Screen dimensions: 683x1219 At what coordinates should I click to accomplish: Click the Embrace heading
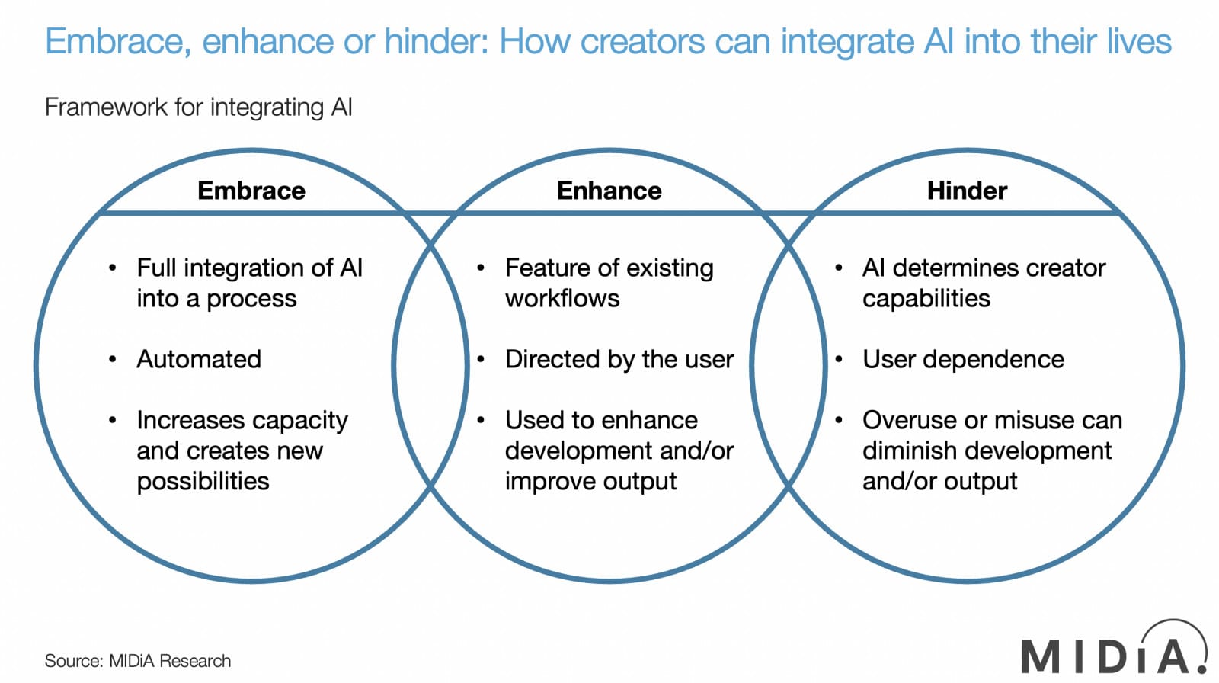[251, 191]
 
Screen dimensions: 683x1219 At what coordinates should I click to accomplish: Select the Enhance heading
[609, 191]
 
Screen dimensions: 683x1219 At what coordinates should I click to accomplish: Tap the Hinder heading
[967, 191]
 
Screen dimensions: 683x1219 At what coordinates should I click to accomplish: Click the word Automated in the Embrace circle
[199, 359]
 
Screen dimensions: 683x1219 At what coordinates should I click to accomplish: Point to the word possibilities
[203, 482]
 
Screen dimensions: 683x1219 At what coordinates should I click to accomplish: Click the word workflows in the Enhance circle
[562, 299]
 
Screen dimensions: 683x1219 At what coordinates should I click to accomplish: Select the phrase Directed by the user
[619, 359]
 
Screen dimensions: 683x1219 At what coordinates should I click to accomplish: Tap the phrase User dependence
[963, 359]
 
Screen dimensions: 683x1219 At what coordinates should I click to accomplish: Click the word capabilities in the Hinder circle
[926, 299]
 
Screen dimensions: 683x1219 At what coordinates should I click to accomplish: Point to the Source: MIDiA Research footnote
[138, 661]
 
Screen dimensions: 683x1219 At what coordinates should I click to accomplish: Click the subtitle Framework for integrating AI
[199, 107]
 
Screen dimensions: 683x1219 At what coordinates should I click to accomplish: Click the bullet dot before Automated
[113, 359]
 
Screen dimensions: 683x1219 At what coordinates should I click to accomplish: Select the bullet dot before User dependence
[839, 359]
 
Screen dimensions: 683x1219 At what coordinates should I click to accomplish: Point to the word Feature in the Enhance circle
[547, 268]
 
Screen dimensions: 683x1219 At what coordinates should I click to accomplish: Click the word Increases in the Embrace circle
[190, 420]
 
